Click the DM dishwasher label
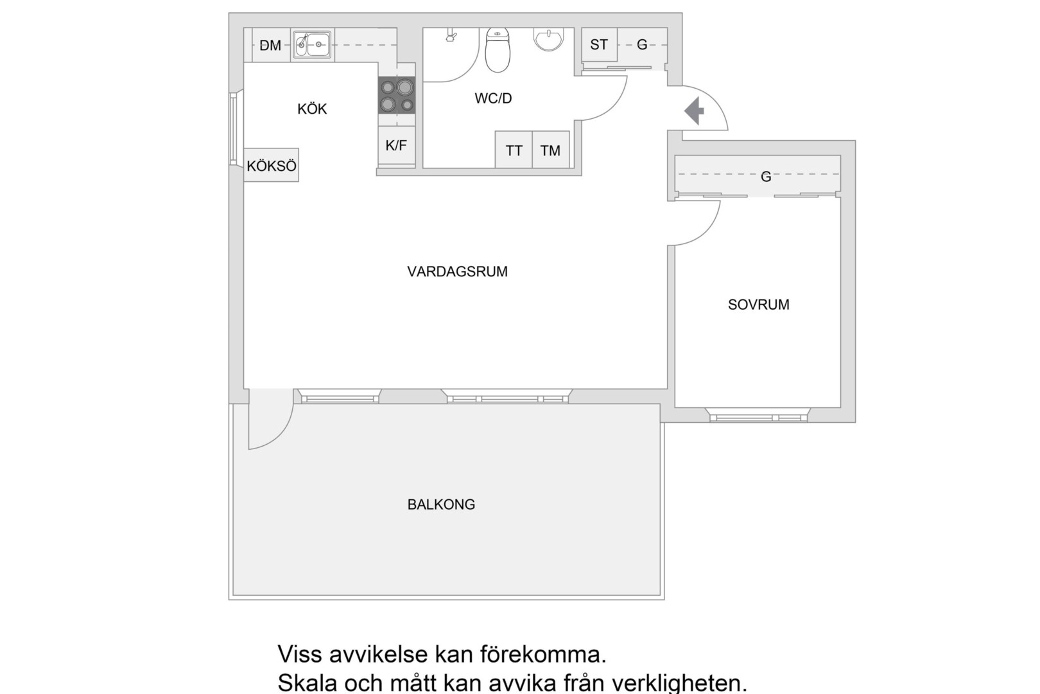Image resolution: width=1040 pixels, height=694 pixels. pyautogui.click(x=270, y=46)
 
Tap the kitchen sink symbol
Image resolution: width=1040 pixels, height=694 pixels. pyautogui.click(x=312, y=45)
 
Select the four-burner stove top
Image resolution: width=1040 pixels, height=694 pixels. pyautogui.click(x=396, y=95)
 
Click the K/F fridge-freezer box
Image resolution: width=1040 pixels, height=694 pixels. pyautogui.click(x=396, y=146)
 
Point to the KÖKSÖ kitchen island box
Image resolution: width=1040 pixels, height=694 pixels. pyautogui.click(x=272, y=166)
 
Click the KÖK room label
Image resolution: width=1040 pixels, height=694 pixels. pyautogui.click(x=312, y=109)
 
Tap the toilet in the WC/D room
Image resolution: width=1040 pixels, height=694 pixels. pyautogui.click(x=498, y=50)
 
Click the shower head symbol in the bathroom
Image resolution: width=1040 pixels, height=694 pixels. pyautogui.click(x=451, y=36)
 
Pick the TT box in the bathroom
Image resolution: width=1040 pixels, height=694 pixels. pyautogui.click(x=514, y=150)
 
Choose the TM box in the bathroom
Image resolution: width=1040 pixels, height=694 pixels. pyautogui.click(x=550, y=150)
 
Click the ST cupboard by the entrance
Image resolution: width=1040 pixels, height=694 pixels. pyautogui.click(x=599, y=45)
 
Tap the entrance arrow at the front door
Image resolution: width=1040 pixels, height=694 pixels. pyautogui.click(x=694, y=112)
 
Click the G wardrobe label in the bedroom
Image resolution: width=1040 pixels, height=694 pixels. pyautogui.click(x=766, y=176)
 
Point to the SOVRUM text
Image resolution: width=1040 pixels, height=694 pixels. pyautogui.click(x=758, y=305)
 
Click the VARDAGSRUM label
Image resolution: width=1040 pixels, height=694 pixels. pyautogui.click(x=457, y=272)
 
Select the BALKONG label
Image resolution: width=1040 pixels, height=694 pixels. pyautogui.click(x=441, y=504)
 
